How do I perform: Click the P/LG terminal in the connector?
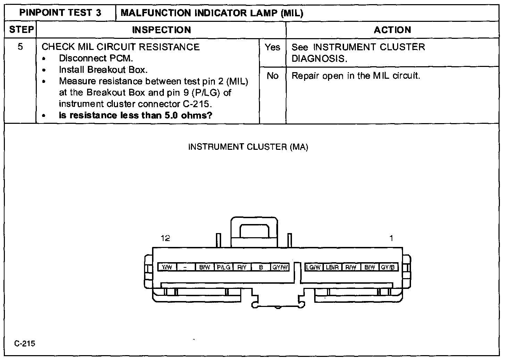(224, 267)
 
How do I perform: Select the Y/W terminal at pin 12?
(167, 267)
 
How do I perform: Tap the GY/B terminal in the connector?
(388, 267)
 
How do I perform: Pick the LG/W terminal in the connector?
(313, 267)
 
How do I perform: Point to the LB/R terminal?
(332, 267)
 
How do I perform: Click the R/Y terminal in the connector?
(242, 267)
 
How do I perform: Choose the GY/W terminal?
(280, 267)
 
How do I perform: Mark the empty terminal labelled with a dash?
(186, 267)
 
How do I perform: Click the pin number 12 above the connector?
(166, 238)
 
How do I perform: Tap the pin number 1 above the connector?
(391, 238)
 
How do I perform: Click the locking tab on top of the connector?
(254, 231)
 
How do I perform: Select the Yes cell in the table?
(273, 47)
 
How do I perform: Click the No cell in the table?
(273, 76)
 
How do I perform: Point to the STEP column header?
(20, 30)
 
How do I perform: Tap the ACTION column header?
(392, 30)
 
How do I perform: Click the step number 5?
(20, 47)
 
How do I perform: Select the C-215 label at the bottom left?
(25, 344)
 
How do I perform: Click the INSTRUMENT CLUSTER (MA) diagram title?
(248, 147)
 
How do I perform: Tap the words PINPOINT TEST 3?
(60, 13)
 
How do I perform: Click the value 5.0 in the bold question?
(171, 115)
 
